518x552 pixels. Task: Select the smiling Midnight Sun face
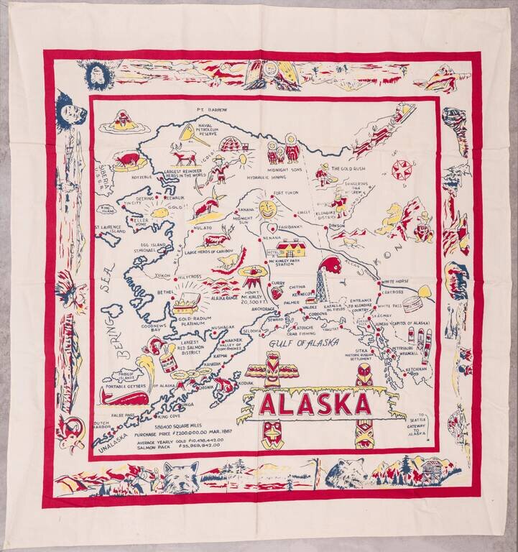click(267, 210)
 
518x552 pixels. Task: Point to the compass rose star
click(401, 170)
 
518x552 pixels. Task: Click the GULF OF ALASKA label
click(303, 344)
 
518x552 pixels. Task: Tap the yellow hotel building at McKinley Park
click(290, 249)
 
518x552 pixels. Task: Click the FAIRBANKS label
click(290, 227)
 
